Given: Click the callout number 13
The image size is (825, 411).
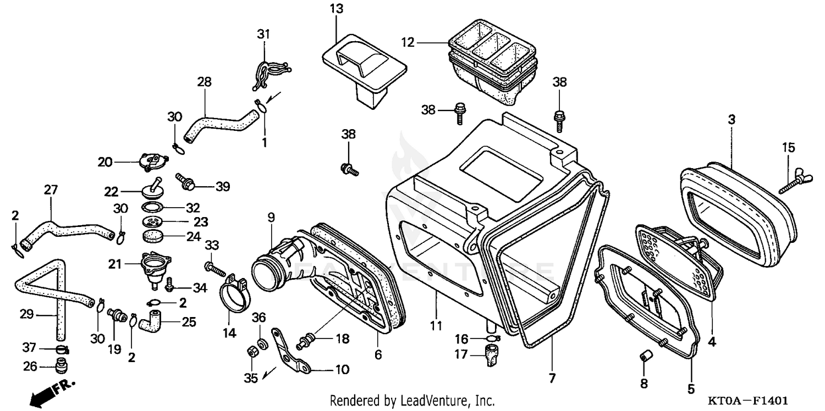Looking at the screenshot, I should tap(336, 8).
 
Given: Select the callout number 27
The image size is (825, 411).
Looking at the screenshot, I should tap(50, 190).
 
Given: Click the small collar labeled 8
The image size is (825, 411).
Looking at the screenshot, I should tap(644, 358).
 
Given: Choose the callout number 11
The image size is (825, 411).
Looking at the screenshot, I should tap(436, 326).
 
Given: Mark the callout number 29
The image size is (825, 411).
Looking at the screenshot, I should tap(27, 315).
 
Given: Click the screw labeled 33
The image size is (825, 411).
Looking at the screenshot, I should tap(215, 269).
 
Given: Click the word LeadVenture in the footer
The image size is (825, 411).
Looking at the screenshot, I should tap(431, 400).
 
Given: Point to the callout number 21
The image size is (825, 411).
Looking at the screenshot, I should tap(114, 264).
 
